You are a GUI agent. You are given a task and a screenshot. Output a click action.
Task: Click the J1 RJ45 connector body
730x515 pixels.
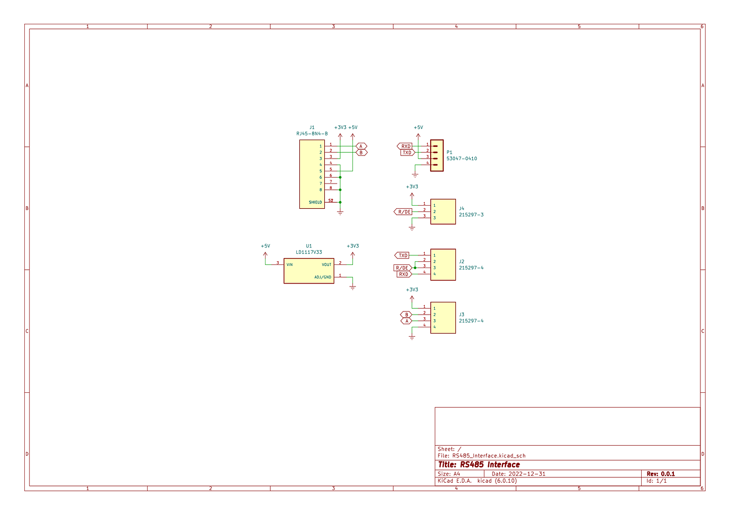point(312,174)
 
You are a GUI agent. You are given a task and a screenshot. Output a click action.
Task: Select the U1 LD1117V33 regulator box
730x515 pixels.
point(309,271)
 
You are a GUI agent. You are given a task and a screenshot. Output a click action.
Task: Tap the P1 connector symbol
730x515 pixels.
point(437,155)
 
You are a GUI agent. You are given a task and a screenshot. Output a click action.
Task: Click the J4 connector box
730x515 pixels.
point(443,211)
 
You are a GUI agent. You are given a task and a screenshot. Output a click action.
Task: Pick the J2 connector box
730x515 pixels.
point(443,265)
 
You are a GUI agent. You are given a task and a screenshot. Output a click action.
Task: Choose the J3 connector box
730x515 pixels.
point(443,318)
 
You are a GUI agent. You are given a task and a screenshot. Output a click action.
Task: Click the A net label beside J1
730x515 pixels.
point(361,146)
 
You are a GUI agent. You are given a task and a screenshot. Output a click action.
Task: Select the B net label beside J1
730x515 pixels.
point(361,152)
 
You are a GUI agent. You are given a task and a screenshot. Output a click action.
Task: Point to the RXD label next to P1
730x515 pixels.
point(405,146)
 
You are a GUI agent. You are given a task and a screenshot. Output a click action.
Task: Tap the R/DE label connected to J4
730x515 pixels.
point(403,211)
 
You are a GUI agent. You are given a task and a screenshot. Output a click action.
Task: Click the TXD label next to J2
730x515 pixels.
point(402,255)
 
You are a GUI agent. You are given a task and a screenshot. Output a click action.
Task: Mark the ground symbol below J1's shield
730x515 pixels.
point(340,213)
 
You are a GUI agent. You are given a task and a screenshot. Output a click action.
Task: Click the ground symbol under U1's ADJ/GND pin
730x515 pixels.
point(353,288)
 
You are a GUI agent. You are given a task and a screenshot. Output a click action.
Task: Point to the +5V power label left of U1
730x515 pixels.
point(266,246)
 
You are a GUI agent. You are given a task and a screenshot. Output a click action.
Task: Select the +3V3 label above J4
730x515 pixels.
point(412,187)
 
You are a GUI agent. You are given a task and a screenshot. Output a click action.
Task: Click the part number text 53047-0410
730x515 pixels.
point(461,159)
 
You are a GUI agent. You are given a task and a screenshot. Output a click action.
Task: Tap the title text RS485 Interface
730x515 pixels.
point(490,465)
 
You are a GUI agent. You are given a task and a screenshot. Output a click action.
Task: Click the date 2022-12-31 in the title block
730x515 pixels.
point(527,474)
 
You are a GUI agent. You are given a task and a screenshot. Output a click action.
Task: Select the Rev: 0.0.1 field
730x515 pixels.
point(661,474)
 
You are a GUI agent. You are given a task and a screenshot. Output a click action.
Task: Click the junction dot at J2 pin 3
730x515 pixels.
point(415,268)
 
